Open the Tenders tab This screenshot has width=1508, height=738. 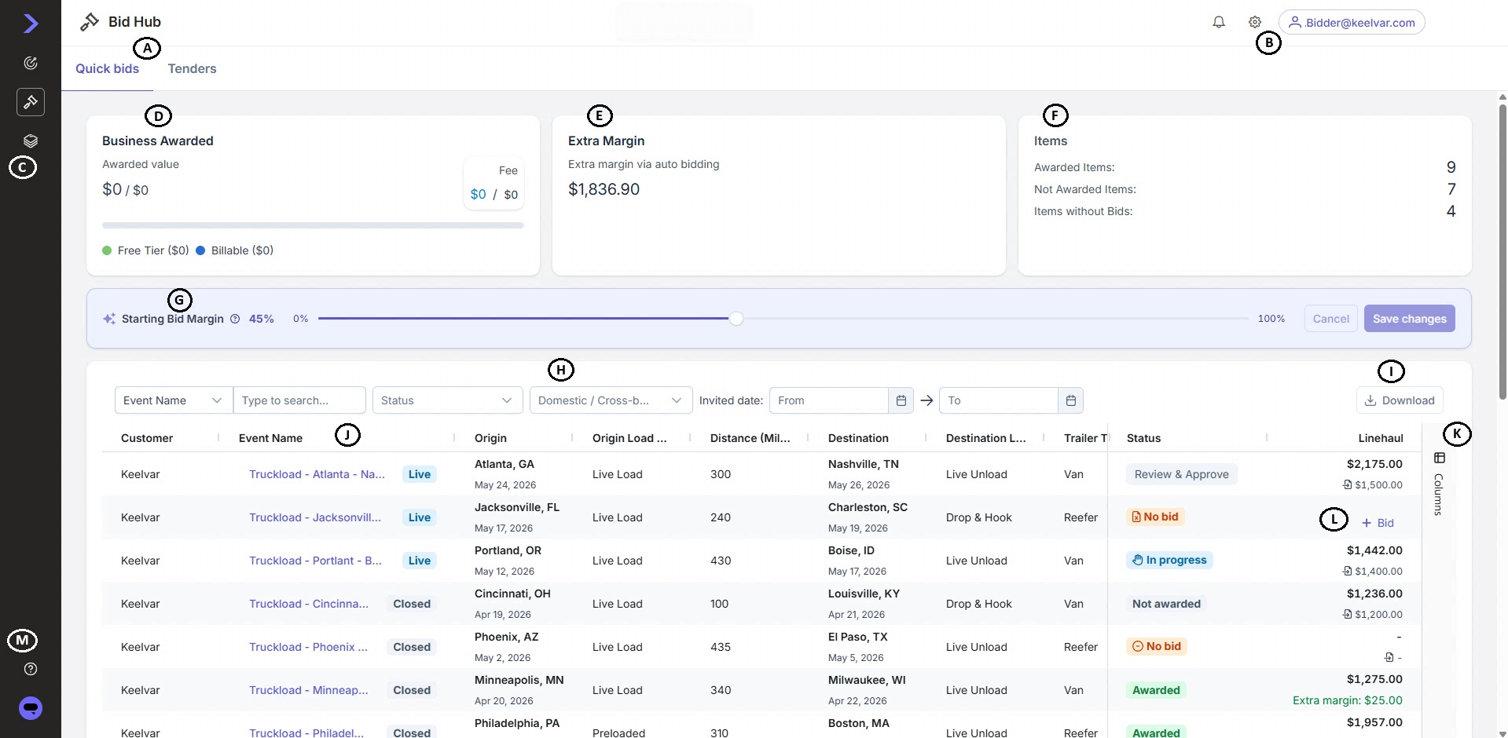[x=192, y=68]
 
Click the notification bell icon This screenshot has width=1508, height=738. [x=1219, y=22]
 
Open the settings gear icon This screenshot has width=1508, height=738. [x=1255, y=22]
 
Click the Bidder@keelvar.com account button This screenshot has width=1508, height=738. [x=1352, y=23]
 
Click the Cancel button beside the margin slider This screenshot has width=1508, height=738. [x=1330, y=319]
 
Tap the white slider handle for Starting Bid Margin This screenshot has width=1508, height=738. [x=736, y=319]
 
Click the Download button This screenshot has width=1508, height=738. [x=1400, y=400]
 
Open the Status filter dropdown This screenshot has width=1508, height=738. [x=447, y=400]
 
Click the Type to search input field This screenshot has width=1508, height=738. [x=299, y=400]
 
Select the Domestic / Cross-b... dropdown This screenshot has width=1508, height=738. [x=611, y=400]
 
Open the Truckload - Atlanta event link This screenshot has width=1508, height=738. [x=317, y=474]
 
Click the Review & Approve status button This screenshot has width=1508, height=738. [x=1181, y=474]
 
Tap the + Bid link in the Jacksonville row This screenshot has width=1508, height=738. [x=1378, y=523]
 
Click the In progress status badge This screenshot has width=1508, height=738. [x=1169, y=560]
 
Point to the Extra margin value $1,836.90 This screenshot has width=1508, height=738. [x=604, y=189]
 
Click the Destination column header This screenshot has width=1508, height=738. [x=858, y=438]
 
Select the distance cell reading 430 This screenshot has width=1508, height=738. [x=721, y=561]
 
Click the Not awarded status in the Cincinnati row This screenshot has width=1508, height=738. [x=1166, y=604]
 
